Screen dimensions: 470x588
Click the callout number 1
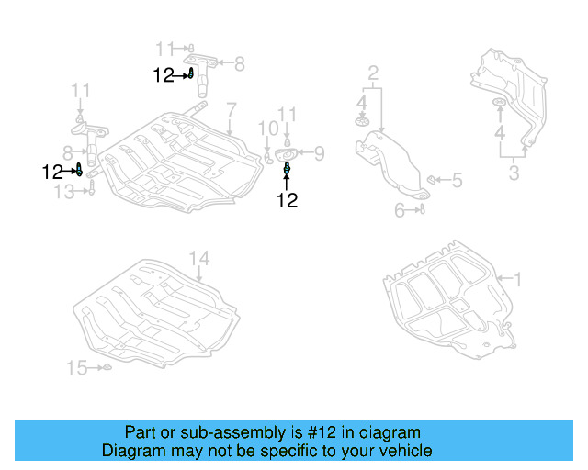(x=516, y=278)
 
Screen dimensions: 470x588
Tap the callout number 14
(x=200, y=258)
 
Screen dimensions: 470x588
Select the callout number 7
(x=232, y=108)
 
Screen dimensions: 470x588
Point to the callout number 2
(x=373, y=72)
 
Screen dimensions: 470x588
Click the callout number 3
(x=514, y=173)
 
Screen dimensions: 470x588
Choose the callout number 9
(x=320, y=152)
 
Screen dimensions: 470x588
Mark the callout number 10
(x=266, y=127)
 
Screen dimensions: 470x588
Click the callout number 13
(x=63, y=191)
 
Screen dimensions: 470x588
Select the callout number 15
(x=76, y=368)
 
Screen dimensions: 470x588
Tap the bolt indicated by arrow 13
(x=92, y=190)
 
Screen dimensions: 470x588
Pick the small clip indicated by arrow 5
(x=433, y=179)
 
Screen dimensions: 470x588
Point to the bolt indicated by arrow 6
(x=421, y=209)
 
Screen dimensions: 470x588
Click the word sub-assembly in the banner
(x=211, y=432)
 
